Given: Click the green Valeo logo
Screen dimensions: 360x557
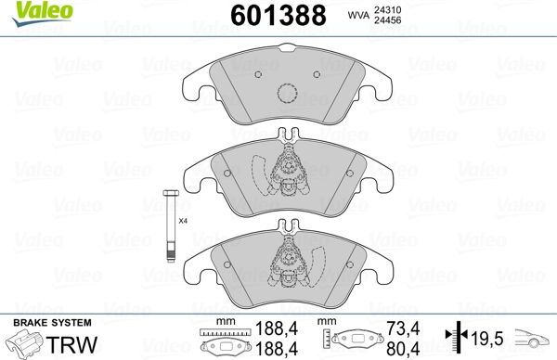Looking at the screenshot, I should pos(25,11).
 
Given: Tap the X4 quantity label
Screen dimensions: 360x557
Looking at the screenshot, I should pos(183,221).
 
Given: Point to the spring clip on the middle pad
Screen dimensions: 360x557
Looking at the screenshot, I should pos(291,172).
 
